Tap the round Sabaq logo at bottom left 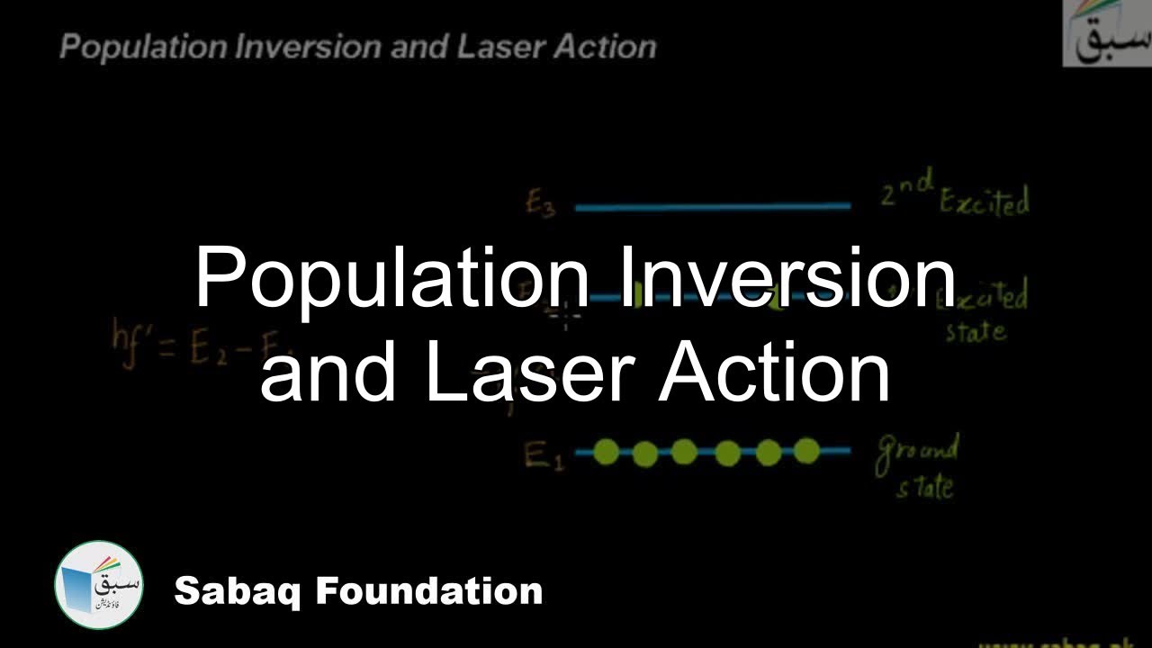(x=98, y=585)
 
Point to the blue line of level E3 (x=711, y=207)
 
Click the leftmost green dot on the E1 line (x=606, y=452)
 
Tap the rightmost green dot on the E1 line (x=806, y=452)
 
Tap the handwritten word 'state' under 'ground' (x=924, y=487)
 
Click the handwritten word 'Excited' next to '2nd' (x=983, y=202)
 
